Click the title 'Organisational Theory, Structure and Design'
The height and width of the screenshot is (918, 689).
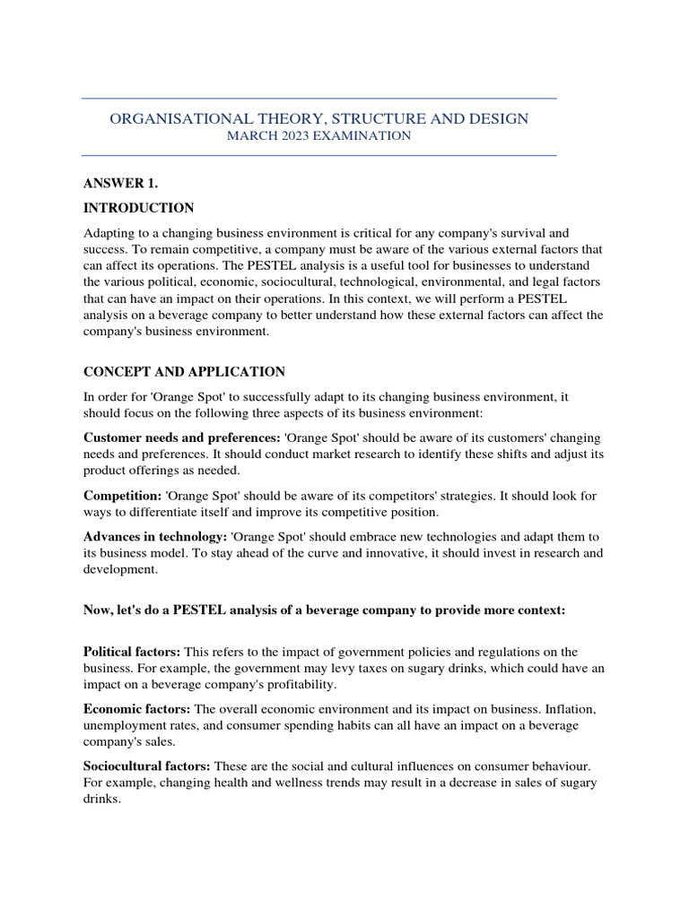click(318, 118)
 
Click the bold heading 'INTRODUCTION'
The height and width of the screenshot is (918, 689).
click(138, 208)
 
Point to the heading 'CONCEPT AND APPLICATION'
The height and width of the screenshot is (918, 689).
click(184, 371)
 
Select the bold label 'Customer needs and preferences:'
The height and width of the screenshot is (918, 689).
click(181, 437)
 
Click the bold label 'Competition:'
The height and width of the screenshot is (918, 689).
click(122, 495)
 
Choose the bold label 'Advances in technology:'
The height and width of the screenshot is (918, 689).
click(155, 536)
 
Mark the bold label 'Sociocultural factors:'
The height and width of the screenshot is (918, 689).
click(147, 766)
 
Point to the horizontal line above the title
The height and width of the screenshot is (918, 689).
click(318, 98)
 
